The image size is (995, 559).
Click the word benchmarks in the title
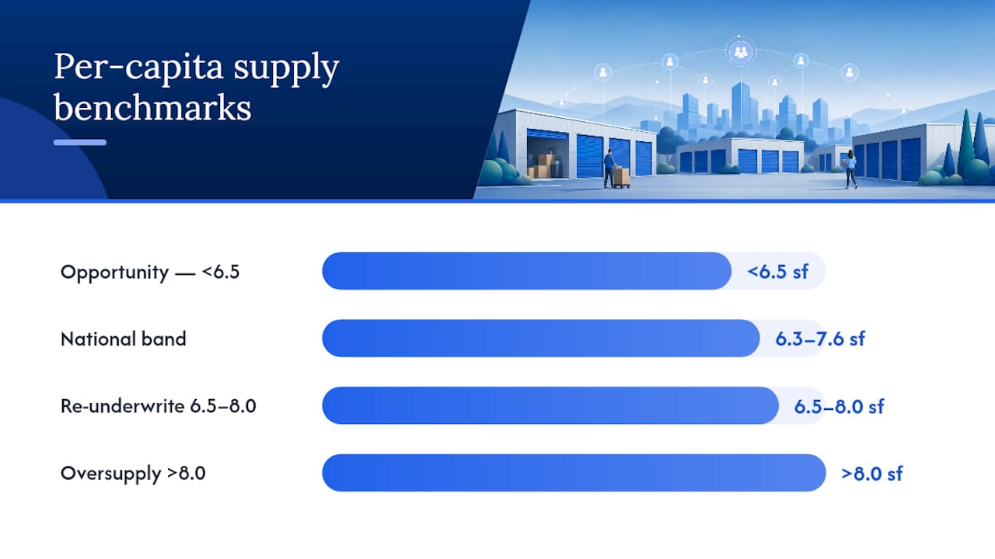click(x=152, y=108)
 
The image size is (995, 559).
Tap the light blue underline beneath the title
click(x=80, y=142)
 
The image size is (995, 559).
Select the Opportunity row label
click(x=150, y=272)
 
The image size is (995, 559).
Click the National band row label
click(x=123, y=339)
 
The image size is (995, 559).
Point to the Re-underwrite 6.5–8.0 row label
click(x=158, y=406)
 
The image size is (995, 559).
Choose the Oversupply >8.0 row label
click(x=133, y=474)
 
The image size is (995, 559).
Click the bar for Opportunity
click(x=527, y=271)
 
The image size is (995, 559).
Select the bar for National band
click(x=540, y=338)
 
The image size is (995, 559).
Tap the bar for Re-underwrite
click(x=550, y=405)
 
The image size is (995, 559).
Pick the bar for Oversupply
click(x=574, y=473)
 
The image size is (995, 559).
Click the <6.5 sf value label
click(x=777, y=272)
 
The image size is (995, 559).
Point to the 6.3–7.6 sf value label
click(x=820, y=339)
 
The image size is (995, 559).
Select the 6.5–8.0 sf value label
click(x=839, y=406)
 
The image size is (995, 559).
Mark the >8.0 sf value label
click(x=871, y=474)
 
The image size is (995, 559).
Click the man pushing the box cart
click(x=610, y=168)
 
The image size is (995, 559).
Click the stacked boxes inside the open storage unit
click(x=545, y=166)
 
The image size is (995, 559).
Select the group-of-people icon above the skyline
click(x=740, y=52)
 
